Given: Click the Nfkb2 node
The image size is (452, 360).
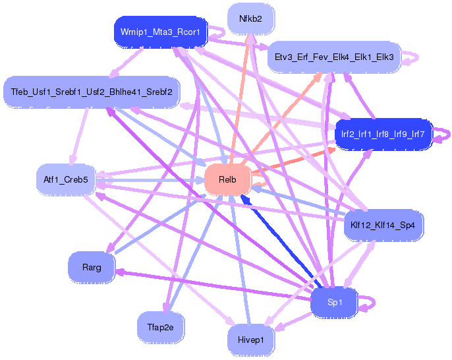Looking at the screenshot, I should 250,19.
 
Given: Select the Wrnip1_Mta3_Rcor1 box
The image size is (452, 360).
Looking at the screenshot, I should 161,32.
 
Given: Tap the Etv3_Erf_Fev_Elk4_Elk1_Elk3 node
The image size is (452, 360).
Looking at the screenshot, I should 333,57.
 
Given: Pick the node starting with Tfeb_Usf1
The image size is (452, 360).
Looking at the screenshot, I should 91,91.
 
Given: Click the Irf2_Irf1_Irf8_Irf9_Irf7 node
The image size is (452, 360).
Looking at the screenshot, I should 382,134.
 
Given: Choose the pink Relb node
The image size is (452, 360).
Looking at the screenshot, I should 227,179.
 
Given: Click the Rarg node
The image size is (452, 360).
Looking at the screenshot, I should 92,267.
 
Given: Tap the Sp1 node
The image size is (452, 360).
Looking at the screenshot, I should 335,303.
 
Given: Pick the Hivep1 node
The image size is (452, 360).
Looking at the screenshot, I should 250,340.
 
